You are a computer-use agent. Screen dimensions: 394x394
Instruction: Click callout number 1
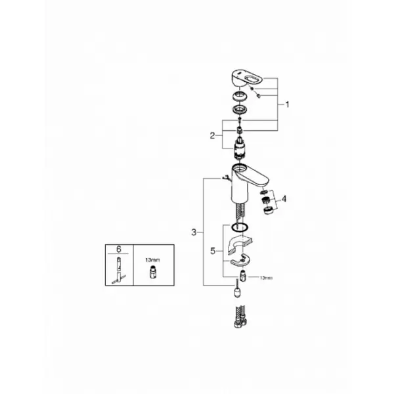pos(288,104)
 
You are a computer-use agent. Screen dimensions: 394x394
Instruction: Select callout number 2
pos(213,136)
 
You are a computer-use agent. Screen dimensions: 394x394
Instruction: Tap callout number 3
pos(194,232)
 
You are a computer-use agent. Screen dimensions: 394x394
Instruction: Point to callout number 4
pos(284,199)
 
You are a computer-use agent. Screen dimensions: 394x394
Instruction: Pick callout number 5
pos(213,251)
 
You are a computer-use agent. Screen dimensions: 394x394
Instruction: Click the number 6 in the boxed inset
pos(119,250)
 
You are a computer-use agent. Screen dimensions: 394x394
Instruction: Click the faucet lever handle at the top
pos(247,79)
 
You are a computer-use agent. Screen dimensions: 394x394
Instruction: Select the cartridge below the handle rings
pos(240,148)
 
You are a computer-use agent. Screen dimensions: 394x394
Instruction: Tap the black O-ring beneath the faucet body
pos(240,227)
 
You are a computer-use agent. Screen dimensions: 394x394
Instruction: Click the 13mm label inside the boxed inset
pos(152,260)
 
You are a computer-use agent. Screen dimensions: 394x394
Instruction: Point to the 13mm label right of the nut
pos(266,278)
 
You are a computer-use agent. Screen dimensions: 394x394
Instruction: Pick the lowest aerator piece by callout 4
pos(268,210)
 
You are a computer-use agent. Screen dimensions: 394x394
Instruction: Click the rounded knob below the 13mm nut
pos(237,292)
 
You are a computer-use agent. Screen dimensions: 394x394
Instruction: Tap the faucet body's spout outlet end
pos(265,184)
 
